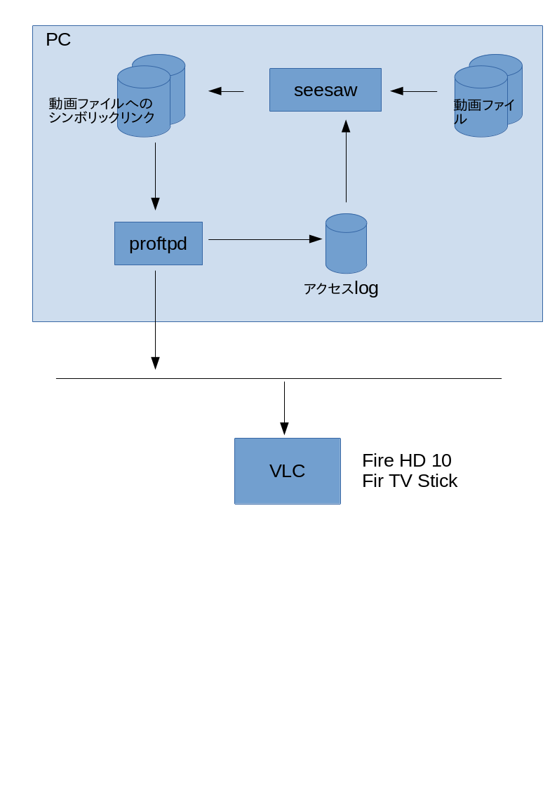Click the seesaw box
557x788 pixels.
click(x=326, y=90)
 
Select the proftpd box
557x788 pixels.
click(x=159, y=243)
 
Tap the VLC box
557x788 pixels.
click(x=288, y=471)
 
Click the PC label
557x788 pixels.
click(x=58, y=39)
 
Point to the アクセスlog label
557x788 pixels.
click(x=340, y=288)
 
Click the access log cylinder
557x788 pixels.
click(x=346, y=243)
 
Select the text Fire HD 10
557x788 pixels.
click(x=407, y=460)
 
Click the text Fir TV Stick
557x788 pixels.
click(x=410, y=481)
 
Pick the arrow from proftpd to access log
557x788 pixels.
click(x=265, y=239)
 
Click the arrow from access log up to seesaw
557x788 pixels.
click(x=346, y=161)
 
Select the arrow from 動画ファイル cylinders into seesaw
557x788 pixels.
click(x=414, y=91)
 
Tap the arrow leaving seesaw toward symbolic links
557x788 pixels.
click(x=226, y=91)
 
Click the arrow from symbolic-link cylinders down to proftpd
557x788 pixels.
click(x=155, y=176)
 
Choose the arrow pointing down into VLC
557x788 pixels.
click(x=284, y=408)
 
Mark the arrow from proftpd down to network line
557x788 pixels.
click(x=155, y=320)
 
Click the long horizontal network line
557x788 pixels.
click(x=278, y=378)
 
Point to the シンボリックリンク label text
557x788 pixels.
click(x=102, y=118)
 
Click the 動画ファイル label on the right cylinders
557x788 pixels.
click(x=483, y=112)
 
